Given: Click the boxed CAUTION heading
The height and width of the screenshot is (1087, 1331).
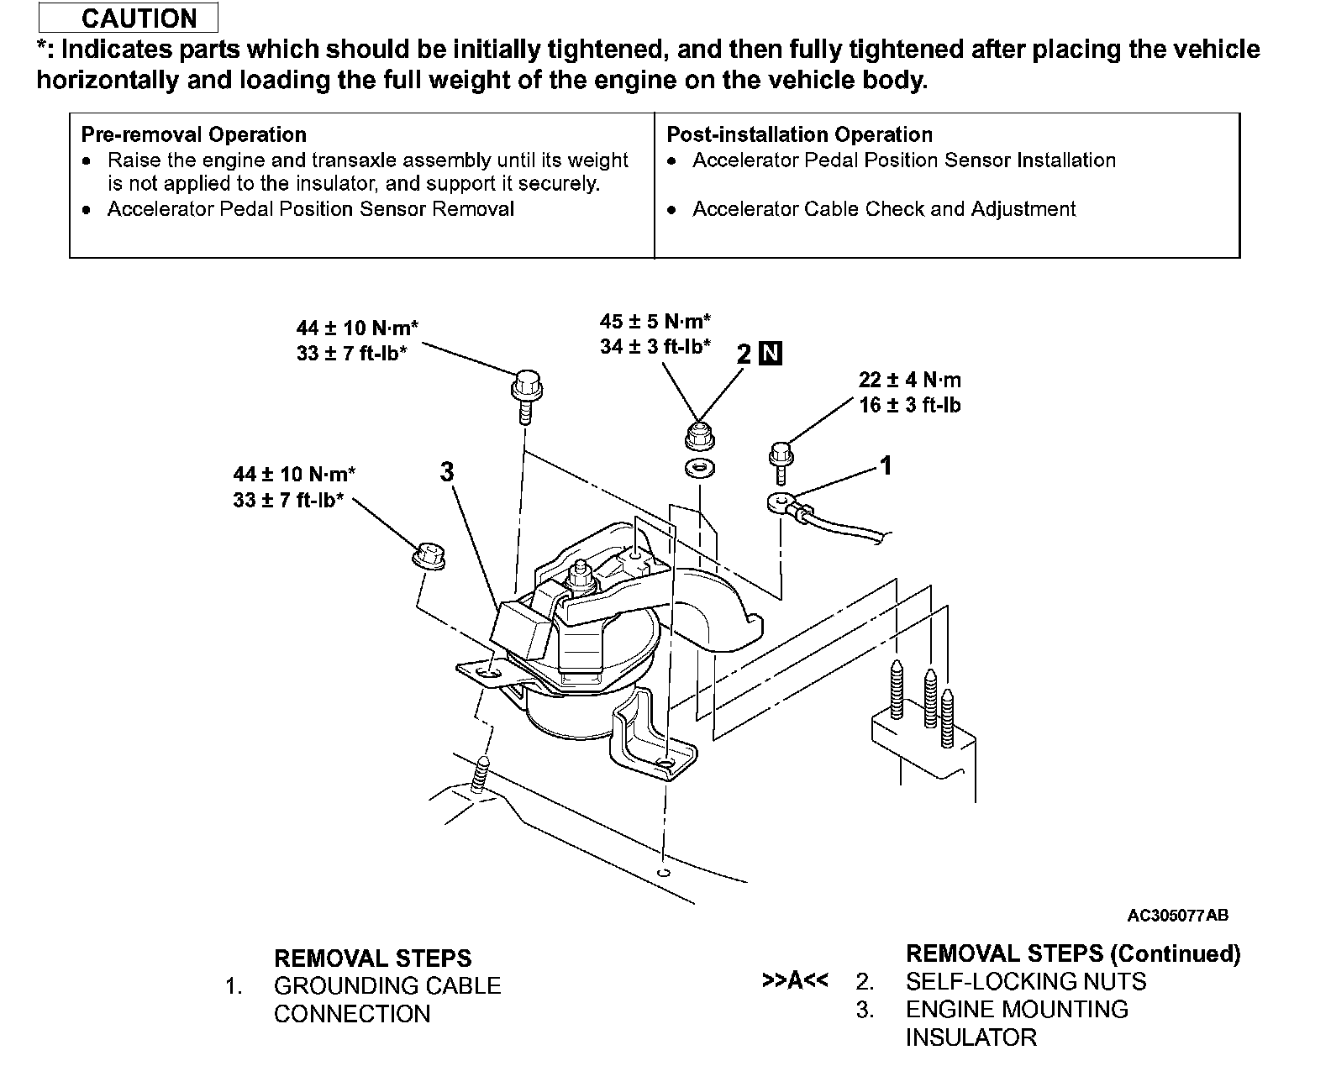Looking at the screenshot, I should (x=129, y=18).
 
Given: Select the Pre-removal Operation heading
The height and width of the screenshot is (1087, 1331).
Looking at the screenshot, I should (x=193, y=134).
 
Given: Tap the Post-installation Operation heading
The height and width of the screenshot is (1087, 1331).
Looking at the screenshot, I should (x=799, y=134).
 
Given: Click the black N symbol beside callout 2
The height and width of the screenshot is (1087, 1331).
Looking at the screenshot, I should (x=770, y=354).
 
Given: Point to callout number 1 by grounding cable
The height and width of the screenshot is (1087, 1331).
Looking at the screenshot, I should (x=885, y=465).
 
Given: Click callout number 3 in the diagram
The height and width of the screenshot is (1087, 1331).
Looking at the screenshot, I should (x=446, y=472).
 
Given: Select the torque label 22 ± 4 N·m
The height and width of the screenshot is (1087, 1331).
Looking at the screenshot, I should (x=909, y=380).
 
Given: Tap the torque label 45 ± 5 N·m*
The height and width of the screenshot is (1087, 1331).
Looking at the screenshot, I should (x=655, y=321).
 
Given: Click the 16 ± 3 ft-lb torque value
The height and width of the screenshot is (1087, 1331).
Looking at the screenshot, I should (x=909, y=405).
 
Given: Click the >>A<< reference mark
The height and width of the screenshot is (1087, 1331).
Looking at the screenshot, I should (x=794, y=981).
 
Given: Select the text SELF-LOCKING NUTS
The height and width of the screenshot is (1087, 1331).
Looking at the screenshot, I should (x=1025, y=981).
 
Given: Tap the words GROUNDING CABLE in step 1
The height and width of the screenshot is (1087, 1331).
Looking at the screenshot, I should (x=387, y=985).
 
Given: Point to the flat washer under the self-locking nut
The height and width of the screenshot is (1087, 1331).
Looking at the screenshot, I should (x=697, y=468).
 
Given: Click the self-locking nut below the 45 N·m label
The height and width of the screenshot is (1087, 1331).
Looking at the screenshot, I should (x=697, y=435).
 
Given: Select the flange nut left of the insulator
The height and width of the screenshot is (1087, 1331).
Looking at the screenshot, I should (x=428, y=556).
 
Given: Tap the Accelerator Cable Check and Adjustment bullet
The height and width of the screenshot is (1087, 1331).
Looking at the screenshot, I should (x=883, y=209).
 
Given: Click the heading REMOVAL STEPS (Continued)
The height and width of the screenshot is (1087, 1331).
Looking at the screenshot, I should (x=1072, y=953).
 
